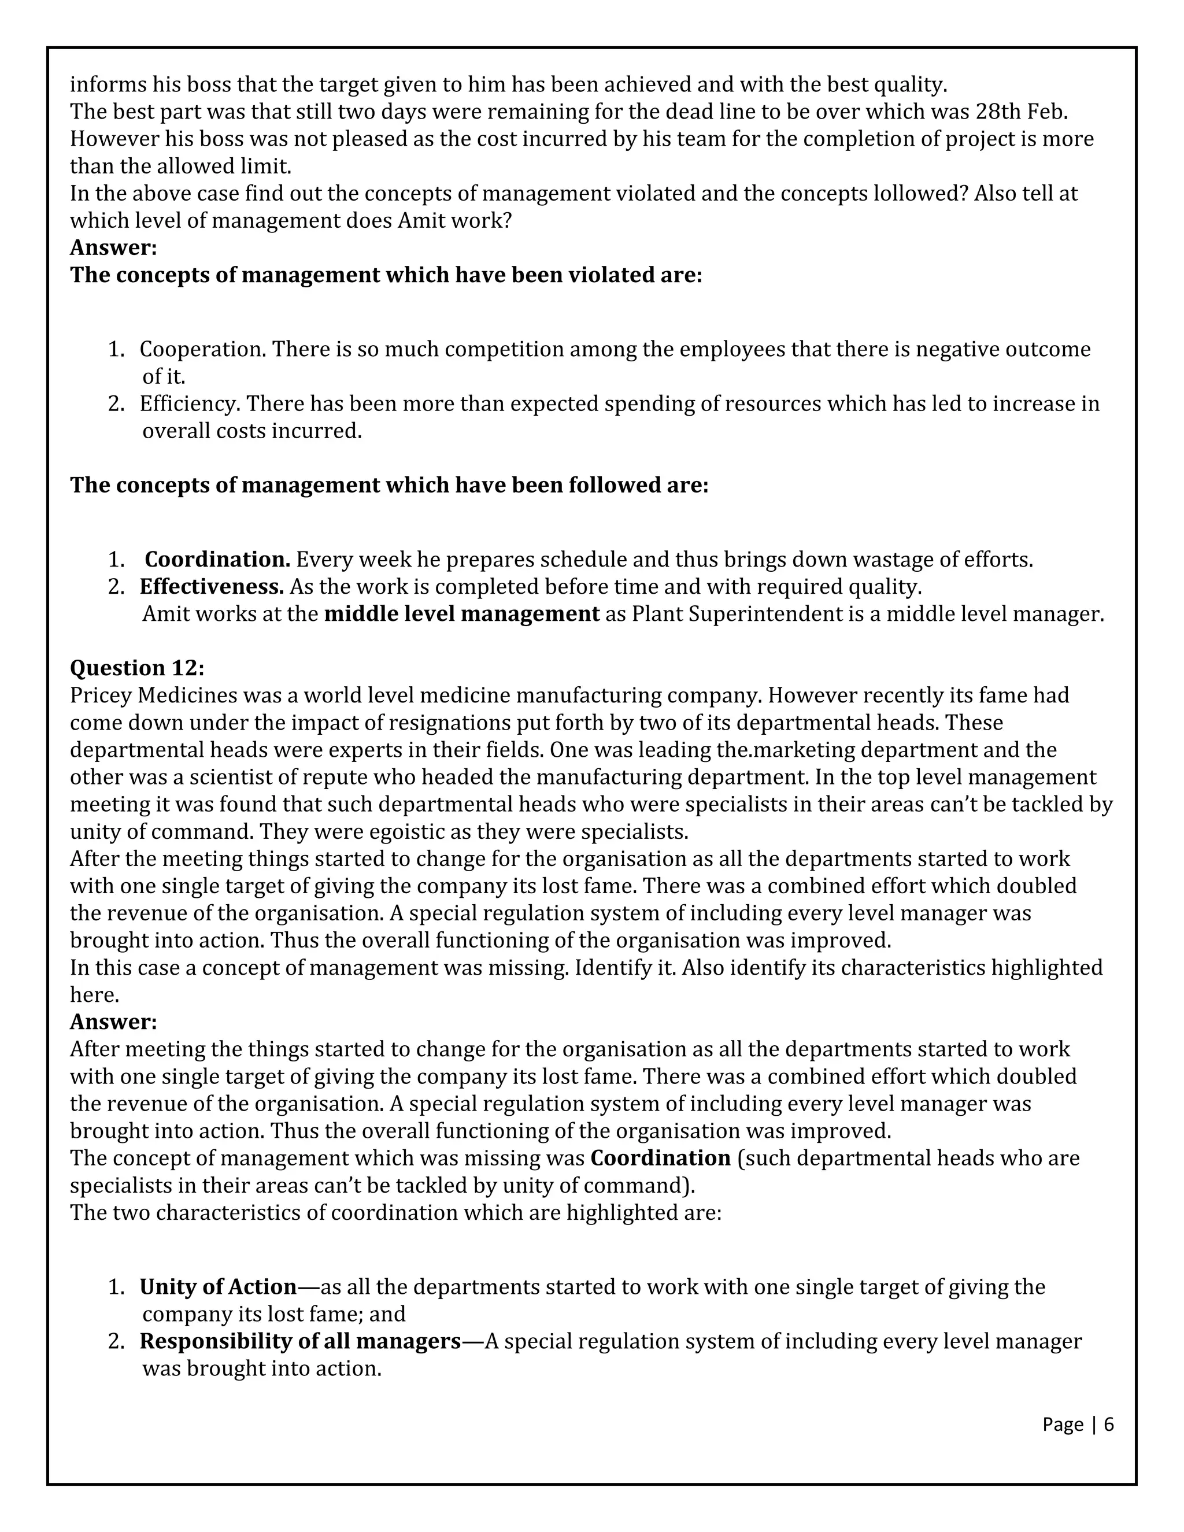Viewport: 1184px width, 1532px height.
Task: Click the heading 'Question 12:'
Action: (137, 668)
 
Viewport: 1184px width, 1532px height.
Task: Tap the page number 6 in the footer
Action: (1108, 1424)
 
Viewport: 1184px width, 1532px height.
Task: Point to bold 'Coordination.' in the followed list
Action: (217, 560)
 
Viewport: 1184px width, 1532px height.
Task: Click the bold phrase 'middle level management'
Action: (461, 614)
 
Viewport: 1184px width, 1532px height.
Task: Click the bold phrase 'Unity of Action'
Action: (218, 1286)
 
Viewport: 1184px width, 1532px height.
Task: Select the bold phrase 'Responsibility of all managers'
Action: (300, 1341)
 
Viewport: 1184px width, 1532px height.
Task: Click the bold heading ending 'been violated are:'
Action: (386, 275)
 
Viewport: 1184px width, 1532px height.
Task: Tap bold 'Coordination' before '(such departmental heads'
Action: (660, 1157)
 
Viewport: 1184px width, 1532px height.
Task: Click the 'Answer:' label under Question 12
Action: (113, 1022)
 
